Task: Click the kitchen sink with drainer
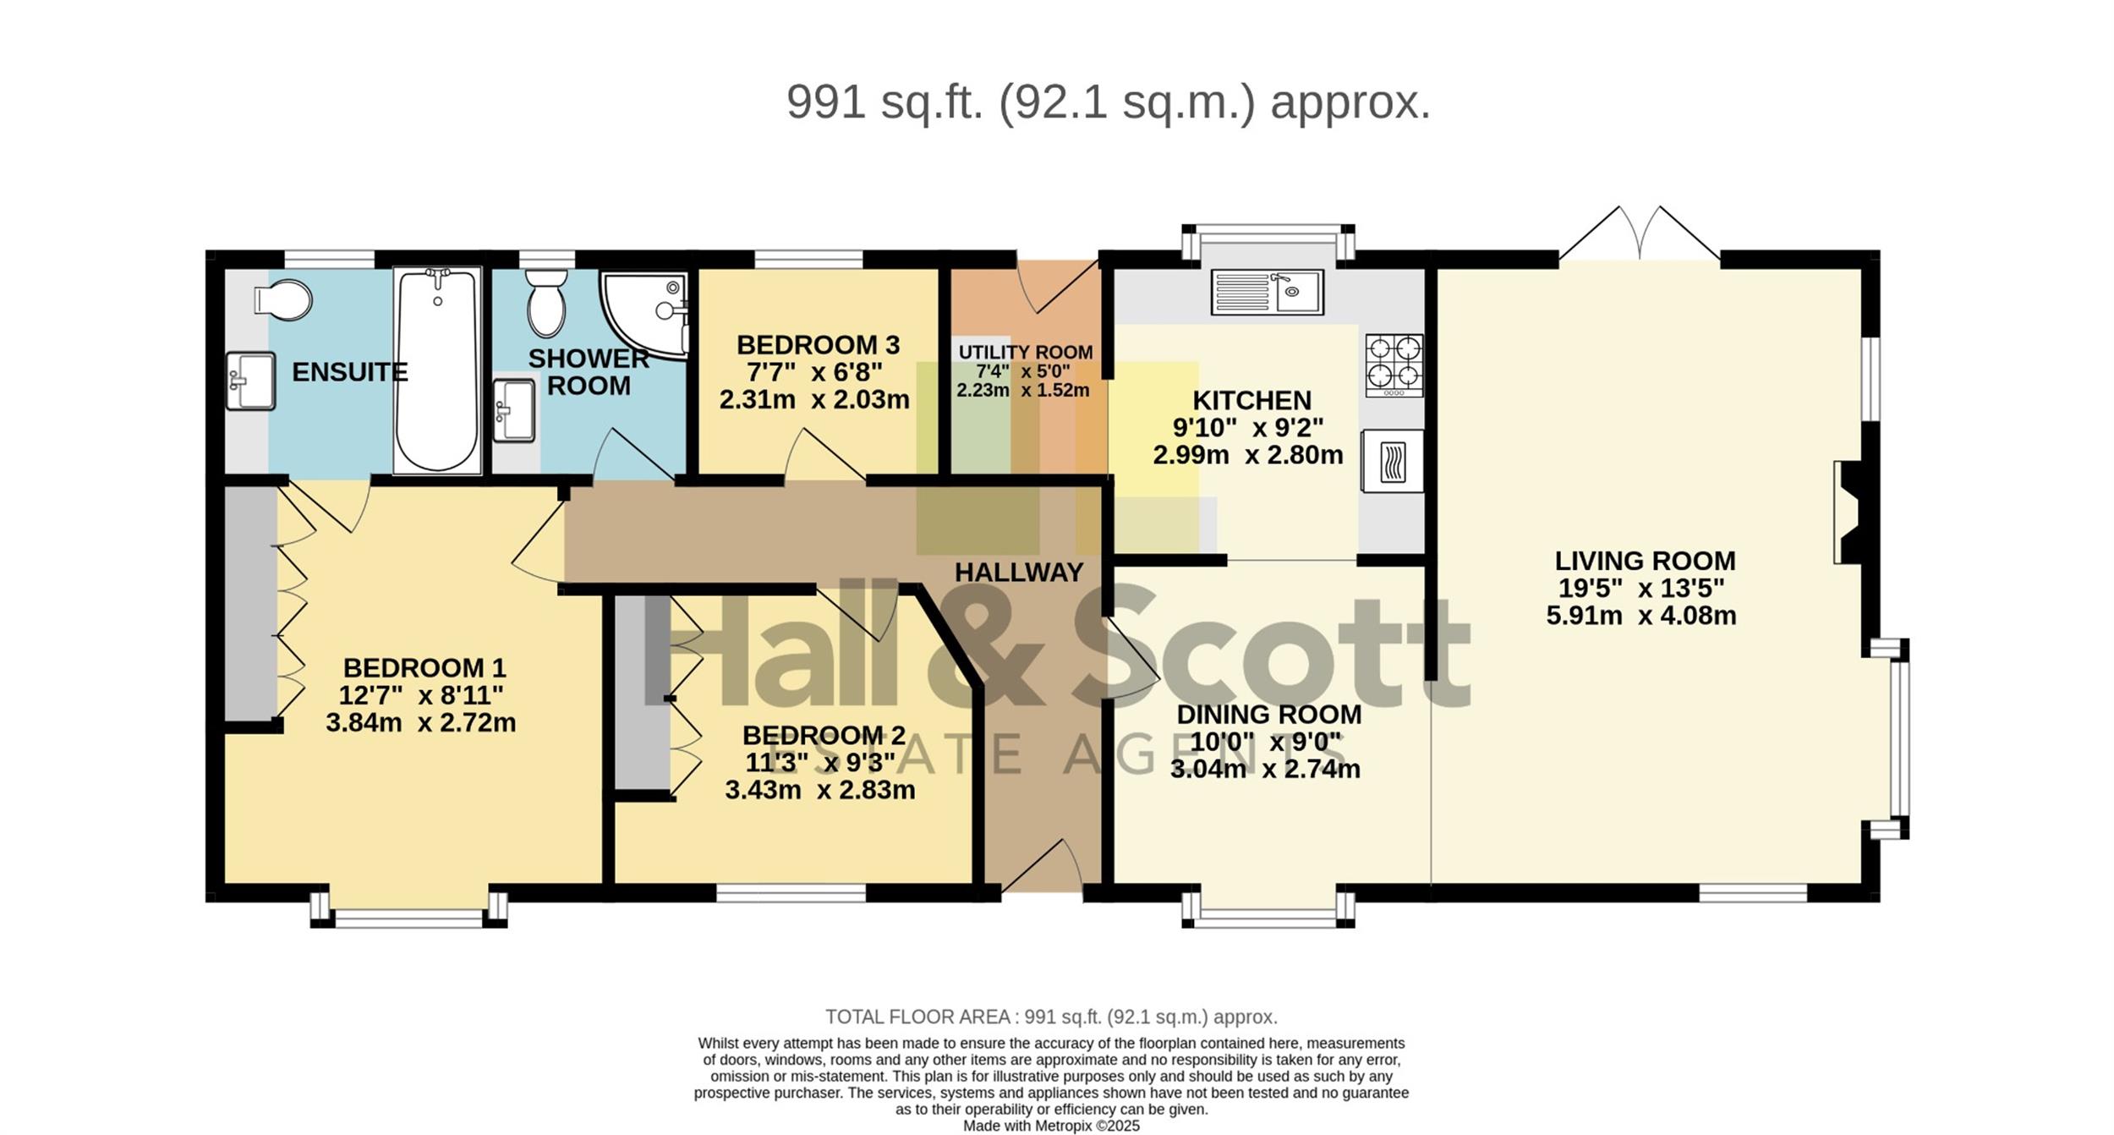click(1267, 292)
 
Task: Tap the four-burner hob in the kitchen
click(1394, 365)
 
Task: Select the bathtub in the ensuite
click(437, 370)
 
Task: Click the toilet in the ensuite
click(283, 299)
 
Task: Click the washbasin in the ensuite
click(250, 381)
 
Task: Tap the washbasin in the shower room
click(513, 410)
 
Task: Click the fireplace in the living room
click(1848, 513)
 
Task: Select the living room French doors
click(1640, 232)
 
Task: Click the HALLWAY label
click(1019, 573)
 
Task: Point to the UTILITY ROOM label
click(1026, 352)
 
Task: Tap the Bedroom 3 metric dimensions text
click(814, 399)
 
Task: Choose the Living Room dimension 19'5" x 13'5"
click(1641, 588)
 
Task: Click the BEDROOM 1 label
click(424, 668)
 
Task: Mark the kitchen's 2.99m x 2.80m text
click(1248, 455)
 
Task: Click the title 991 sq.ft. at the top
click(885, 102)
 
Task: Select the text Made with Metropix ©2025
click(1051, 1126)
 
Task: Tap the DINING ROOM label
click(1269, 714)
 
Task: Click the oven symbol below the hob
click(1392, 461)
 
